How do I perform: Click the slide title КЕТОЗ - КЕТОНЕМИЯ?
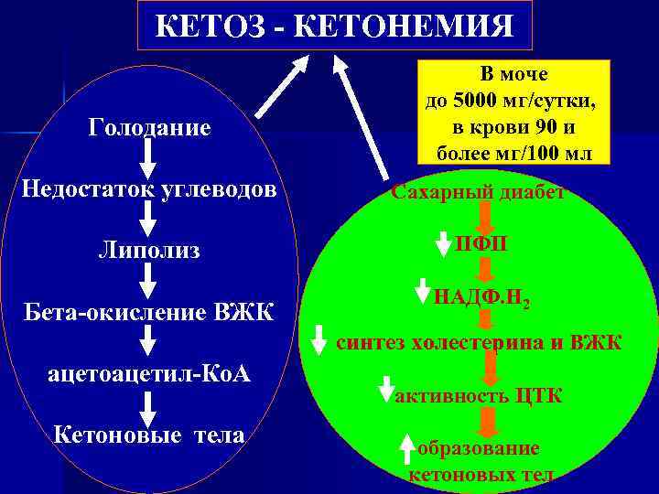point(334,25)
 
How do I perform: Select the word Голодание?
point(149,127)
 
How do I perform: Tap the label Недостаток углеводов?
point(149,191)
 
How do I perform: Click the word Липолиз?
point(149,250)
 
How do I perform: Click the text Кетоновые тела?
point(149,435)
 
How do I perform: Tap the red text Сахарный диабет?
point(479,192)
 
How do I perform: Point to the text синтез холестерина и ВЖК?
point(480,344)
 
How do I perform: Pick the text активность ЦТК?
point(478,395)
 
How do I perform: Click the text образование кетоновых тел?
point(479,461)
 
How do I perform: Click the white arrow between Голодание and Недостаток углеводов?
point(149,160)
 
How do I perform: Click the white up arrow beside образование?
point(407,449)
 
